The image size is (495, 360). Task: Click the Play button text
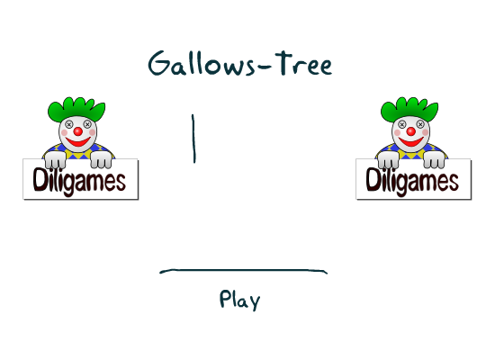[x=240, y=300]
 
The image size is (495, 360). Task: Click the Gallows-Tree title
[x=240, y=64]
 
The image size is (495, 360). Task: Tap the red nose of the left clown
[x=78, y=131]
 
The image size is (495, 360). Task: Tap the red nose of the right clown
[x=411, y=131]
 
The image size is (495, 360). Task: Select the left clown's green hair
[x=76, y=109]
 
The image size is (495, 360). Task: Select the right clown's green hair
[x=409, y=109]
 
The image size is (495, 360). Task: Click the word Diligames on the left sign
[x=79, y=181]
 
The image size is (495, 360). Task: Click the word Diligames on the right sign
[x=412, y=181]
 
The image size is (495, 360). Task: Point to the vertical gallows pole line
[x=193, y=139]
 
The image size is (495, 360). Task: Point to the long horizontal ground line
[x=243, y=270]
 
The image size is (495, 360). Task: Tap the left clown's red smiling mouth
[x=78, y=142]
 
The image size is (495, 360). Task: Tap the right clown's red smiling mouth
[x=411, y=142]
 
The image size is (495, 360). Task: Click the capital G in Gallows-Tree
[x=159, y=63]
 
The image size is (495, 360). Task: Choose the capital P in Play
[x=224, y=299]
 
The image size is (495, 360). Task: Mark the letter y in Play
[x=255, y=302]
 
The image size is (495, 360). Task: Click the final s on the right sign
[x=454, y=184]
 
